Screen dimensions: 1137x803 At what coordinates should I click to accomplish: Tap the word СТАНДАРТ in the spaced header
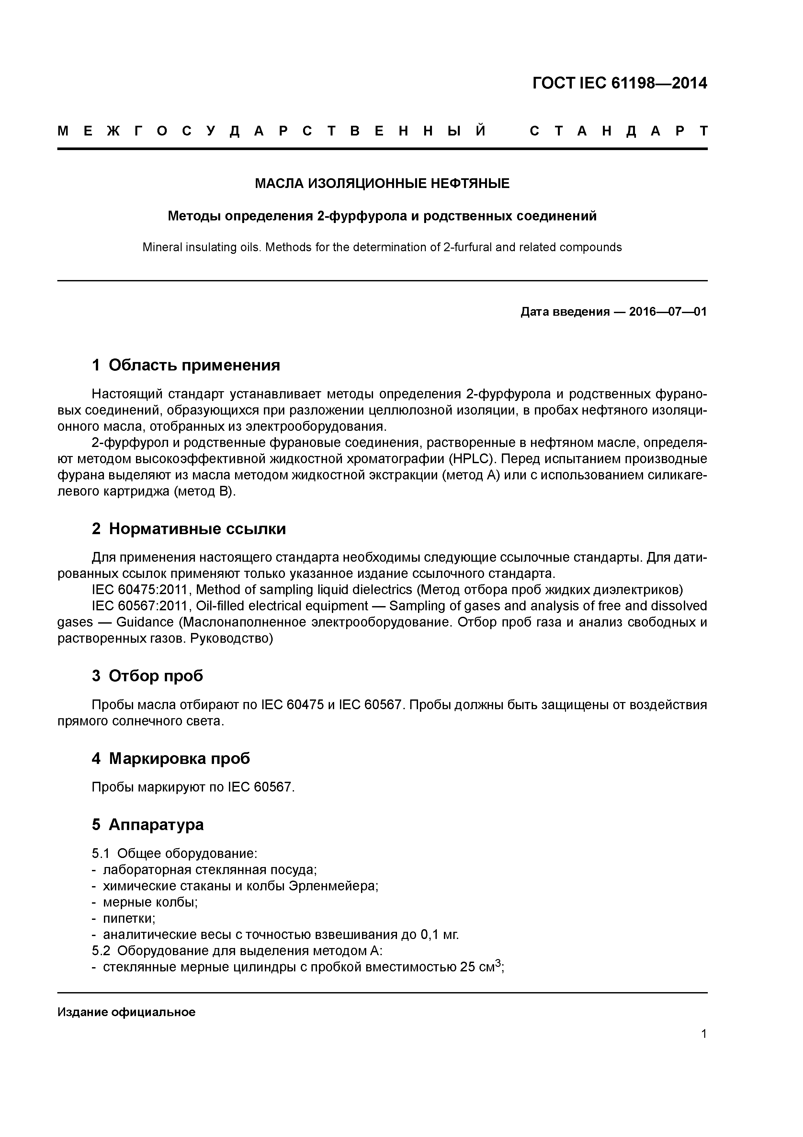(618, 131)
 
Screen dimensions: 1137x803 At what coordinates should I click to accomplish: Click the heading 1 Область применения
(186, 366)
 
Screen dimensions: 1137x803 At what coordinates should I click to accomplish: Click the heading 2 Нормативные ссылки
(189, 529)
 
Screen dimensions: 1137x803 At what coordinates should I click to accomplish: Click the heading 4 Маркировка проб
(171, 759)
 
